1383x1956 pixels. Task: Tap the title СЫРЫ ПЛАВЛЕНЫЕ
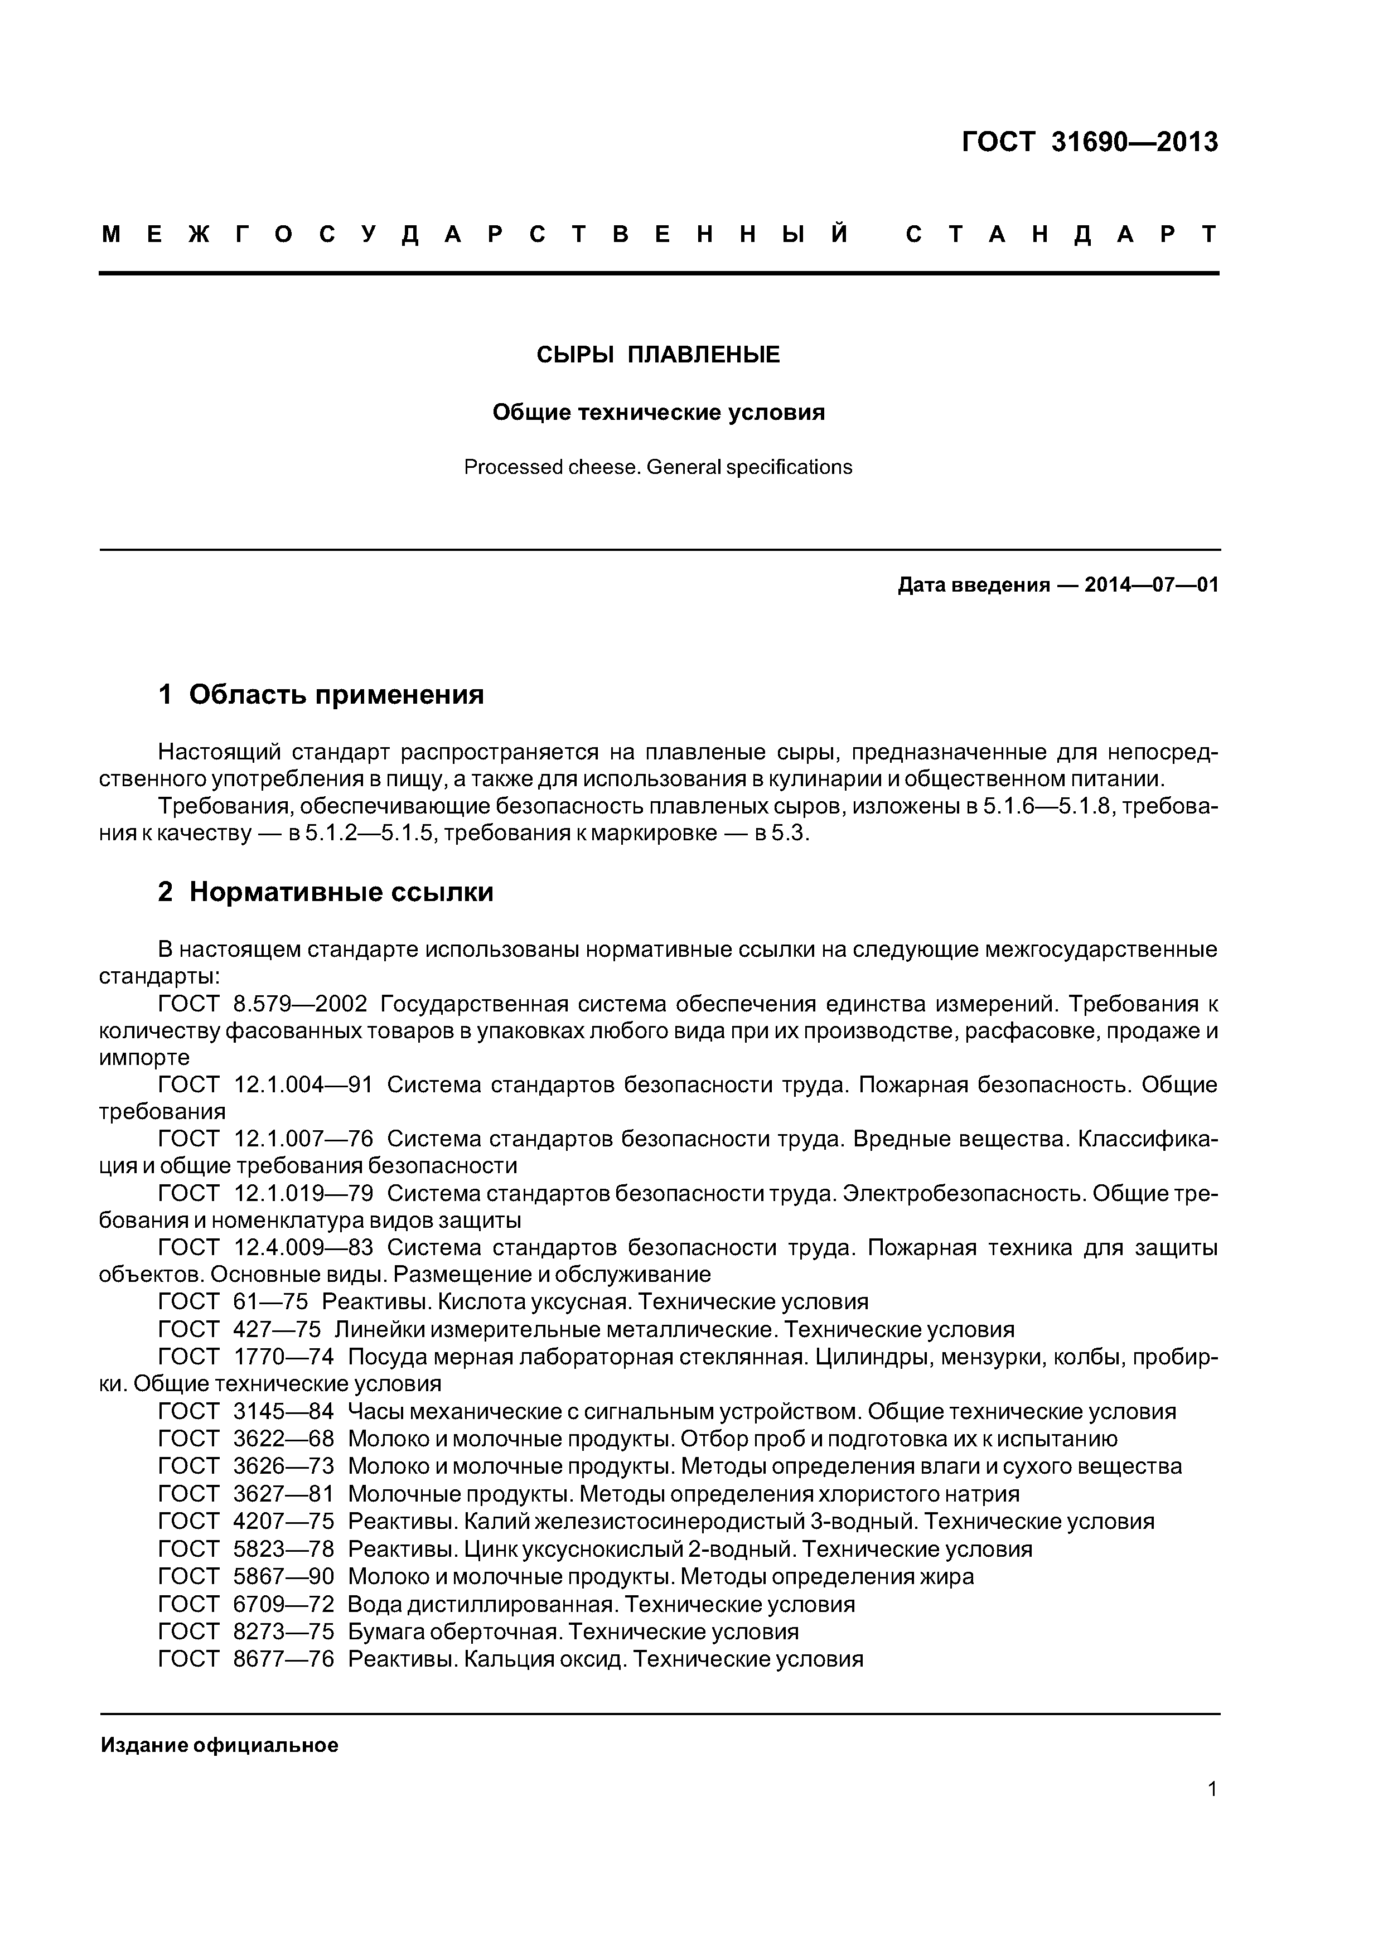point(658,355)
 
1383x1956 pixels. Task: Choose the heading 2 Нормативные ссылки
point(326,892)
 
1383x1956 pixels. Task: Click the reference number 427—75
point(277,1330)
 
